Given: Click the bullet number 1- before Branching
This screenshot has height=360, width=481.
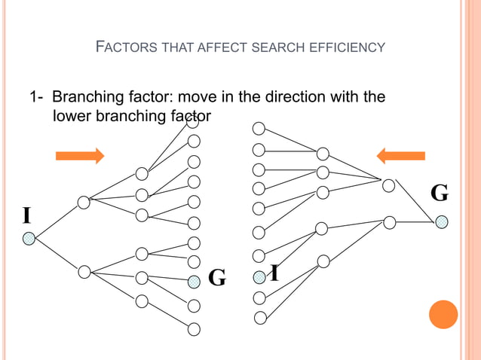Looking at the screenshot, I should (x=36, y=97).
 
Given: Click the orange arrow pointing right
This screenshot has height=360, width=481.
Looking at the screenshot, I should (x=80, y=156).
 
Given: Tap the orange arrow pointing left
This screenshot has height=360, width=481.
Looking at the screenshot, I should (x=400, y=156).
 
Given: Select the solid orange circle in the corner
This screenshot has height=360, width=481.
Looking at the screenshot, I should (x=443, y=314).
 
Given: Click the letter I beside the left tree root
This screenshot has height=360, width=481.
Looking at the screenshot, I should (x=27, y=216).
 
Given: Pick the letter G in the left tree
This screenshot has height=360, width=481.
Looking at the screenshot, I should (x=217, y=278).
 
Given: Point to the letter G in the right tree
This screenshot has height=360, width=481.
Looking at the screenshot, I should (x=440, y=194).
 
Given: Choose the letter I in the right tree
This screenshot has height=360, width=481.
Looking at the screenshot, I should (x=275, y=273).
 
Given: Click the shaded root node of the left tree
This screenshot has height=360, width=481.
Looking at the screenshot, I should (x=29, y=238).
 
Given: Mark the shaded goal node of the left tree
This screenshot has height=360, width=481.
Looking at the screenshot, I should (x=194, y=281).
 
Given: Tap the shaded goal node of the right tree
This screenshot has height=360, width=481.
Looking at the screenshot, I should (x=442, y=221).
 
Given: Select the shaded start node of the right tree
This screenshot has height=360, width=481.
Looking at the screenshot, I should (x=259, y=277).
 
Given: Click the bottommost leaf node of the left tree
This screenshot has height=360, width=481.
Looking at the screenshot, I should (x=194, y=328).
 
